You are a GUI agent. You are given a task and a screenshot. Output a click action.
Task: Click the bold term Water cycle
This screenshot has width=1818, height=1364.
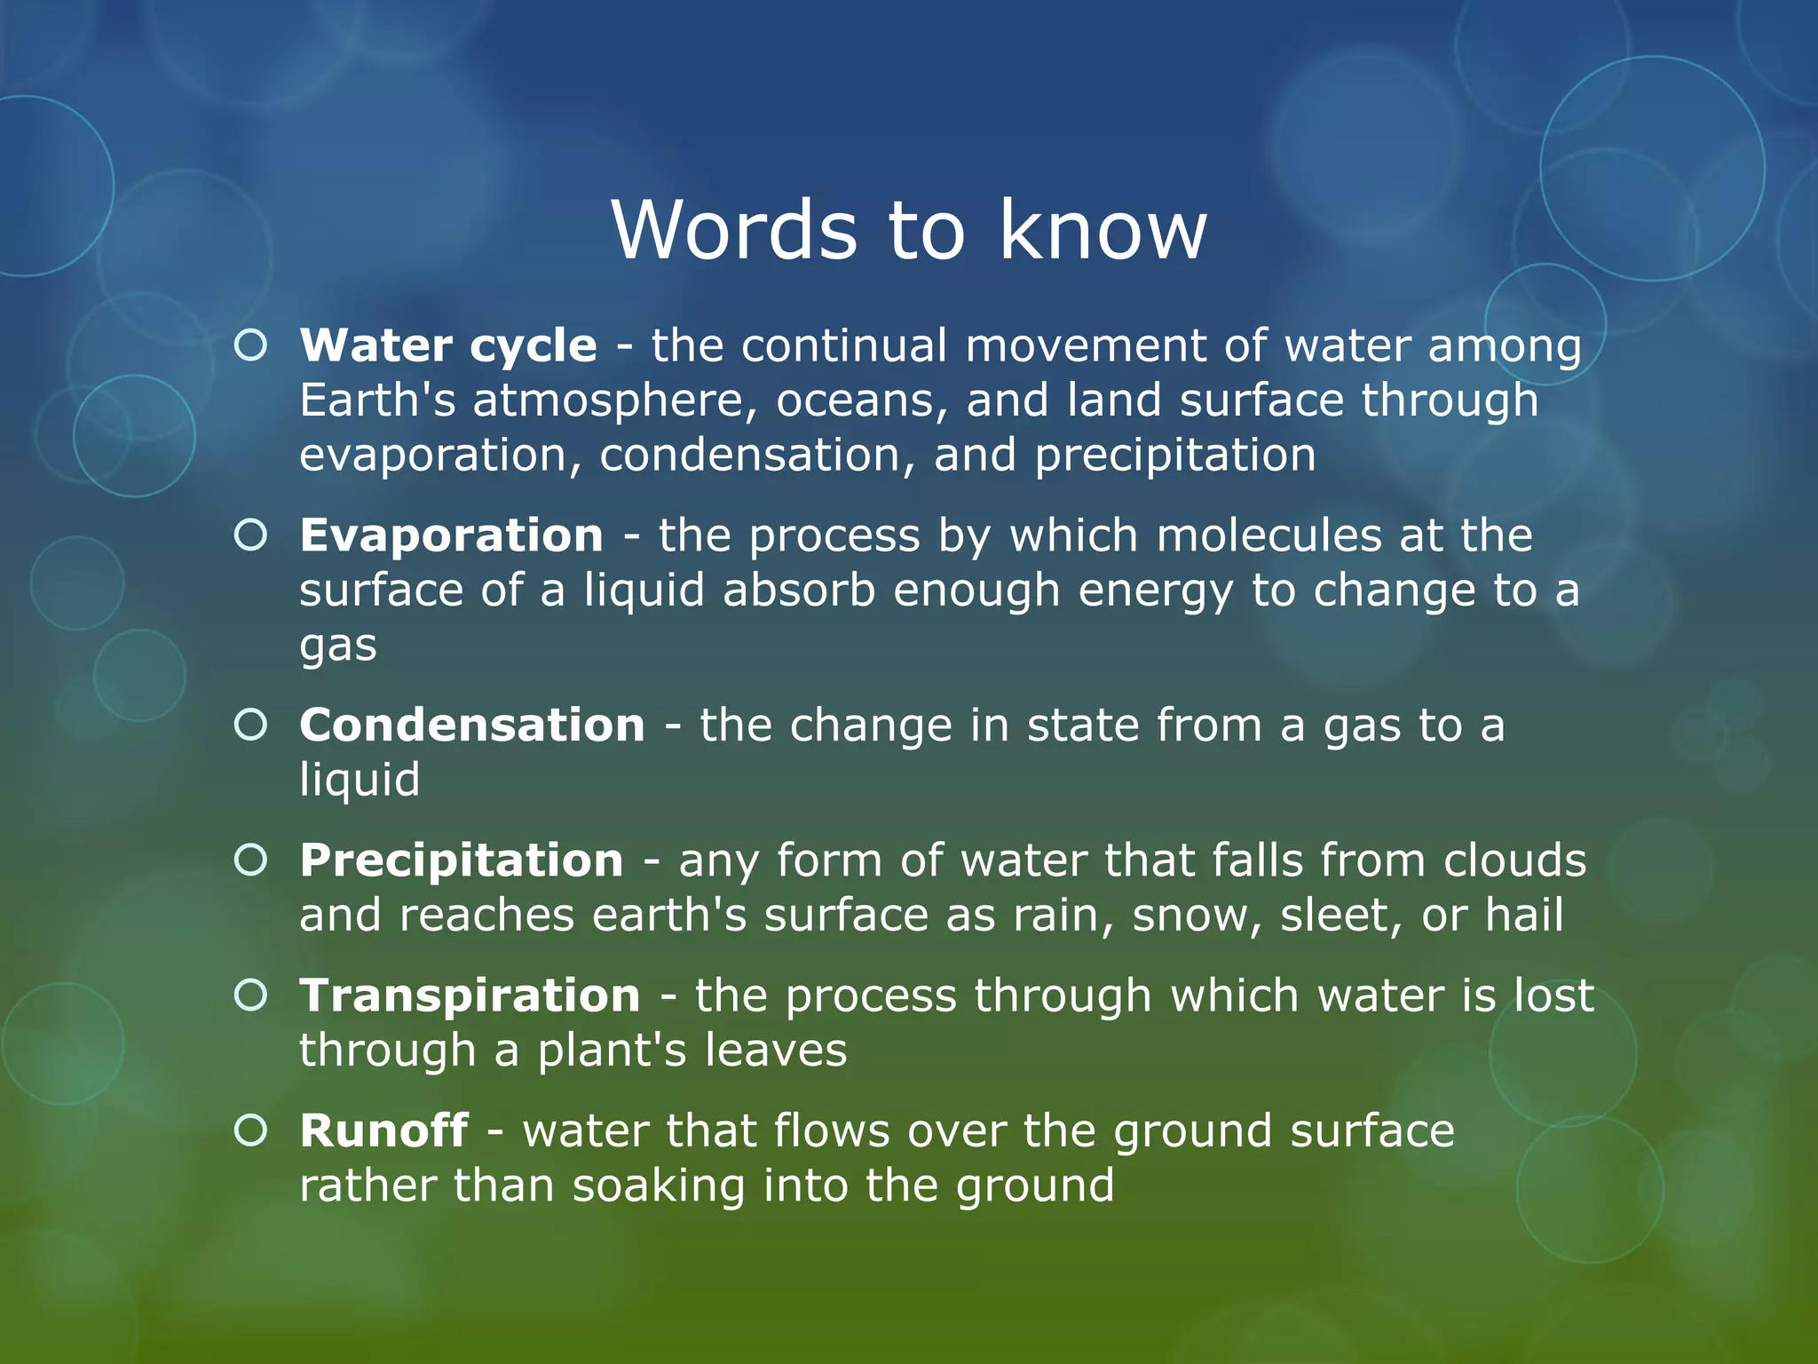(x=448, y=345)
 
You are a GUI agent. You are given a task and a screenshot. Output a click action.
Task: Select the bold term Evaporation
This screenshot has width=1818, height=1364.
(x=451, y=535)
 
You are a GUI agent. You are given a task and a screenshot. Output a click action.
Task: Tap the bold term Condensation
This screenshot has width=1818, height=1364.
(x=471, y=725)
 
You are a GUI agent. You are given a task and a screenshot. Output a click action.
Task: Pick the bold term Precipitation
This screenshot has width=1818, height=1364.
(x=461, y=860)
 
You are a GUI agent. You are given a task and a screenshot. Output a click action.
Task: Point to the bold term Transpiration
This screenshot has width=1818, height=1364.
(x=470, y=995)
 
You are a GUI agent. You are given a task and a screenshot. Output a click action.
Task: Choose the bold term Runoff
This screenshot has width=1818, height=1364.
(x=383, y=1130)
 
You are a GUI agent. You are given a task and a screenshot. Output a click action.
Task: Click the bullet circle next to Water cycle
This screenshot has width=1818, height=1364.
(x=251, y=345)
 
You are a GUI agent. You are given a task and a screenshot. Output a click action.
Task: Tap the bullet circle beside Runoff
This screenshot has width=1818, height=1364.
(x=251, y=1130)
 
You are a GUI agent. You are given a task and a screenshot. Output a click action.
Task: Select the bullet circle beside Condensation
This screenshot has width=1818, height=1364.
(x=251, y=725)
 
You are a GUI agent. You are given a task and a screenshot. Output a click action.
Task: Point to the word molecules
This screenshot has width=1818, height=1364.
(x=1269, y=535)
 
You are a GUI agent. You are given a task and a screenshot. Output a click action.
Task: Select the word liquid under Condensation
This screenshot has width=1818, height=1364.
(x=359, y=780)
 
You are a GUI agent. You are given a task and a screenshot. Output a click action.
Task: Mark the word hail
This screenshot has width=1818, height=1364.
(x=1524, y=915)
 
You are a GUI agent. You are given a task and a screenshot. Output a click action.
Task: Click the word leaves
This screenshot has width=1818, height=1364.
(x=776, y=1051)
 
